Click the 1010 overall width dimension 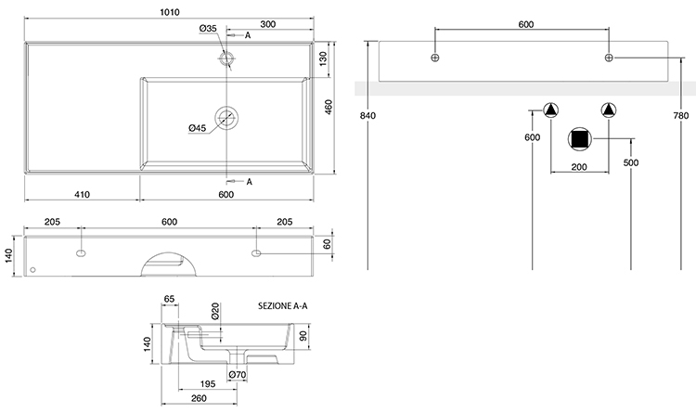click(x=169, y=13)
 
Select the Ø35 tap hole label click(x=208, y=30)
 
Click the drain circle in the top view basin click(x=226, y=117)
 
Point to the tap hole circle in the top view click(x=226, y=59)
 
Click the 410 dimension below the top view click(x=82, y=194)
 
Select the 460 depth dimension click(x=329, y=107)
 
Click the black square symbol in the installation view click(x=580, y=139)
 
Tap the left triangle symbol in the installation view click(x=551, y=110)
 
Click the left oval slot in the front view click(x=81, y=252)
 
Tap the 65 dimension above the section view click(x=169, y=299)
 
